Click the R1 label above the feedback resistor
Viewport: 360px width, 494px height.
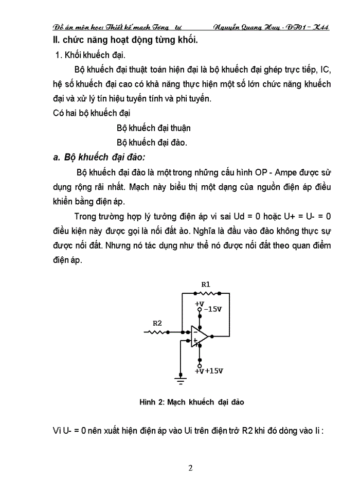click(x=205, y=284)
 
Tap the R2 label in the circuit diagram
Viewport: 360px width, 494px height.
click(x=157, y=323)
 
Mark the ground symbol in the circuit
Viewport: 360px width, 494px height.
click(x=180, y=380)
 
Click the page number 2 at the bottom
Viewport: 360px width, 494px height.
click(x=190, y=468)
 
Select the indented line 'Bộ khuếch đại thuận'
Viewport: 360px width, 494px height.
click(x=154, y=128)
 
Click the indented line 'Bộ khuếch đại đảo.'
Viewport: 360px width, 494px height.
click(x=152, y=142)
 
